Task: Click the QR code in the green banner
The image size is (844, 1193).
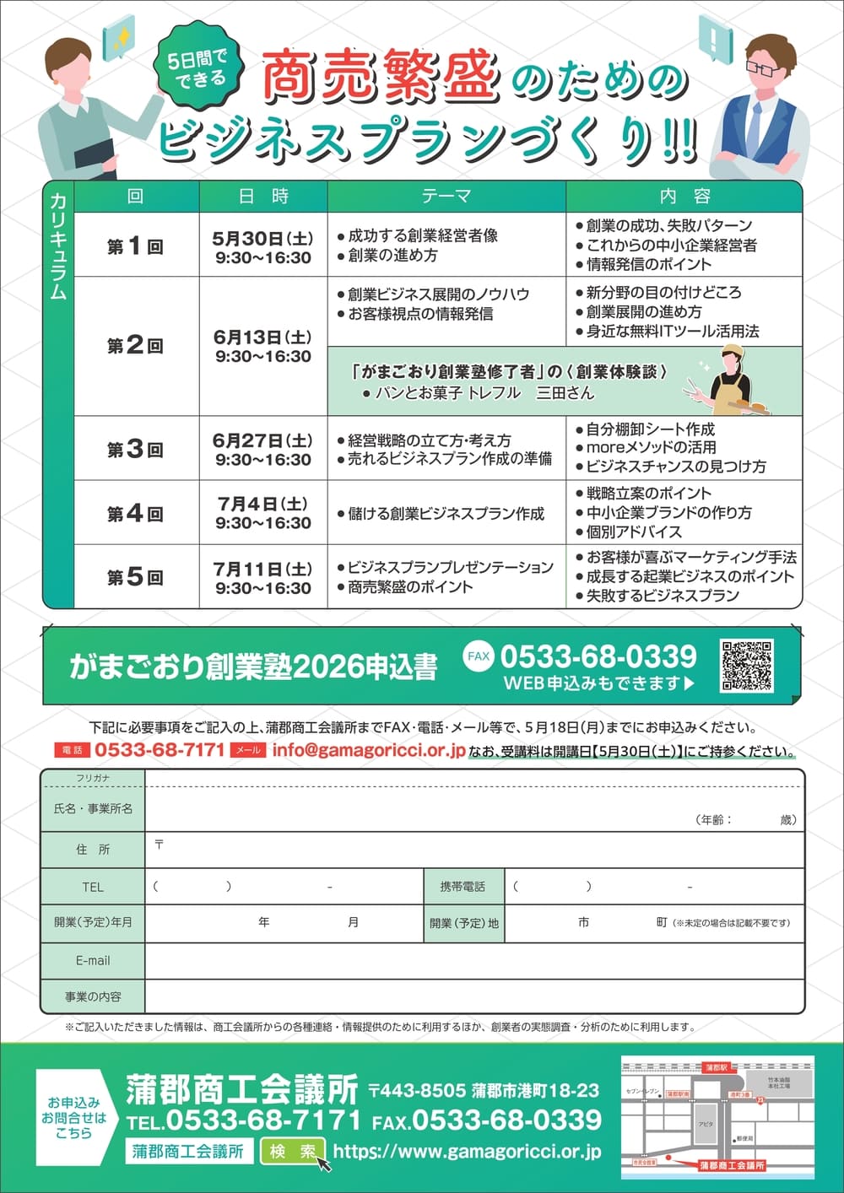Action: point(746,666)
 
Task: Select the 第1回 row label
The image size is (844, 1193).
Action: point(135,246)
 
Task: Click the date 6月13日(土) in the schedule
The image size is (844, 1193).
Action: point(262,337)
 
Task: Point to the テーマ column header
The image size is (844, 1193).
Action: point(446,197)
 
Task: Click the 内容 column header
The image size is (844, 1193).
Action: point(684,197)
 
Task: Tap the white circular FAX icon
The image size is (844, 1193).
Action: point(479,656)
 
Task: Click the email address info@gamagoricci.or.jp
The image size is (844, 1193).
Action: point(369,750)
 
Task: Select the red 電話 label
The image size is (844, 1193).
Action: point(73,750)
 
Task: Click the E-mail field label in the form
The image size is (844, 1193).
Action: point(93,960)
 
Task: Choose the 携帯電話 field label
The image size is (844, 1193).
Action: point(463,887)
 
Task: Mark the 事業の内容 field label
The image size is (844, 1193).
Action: point(93,996)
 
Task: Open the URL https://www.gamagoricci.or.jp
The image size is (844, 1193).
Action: point(467,1151)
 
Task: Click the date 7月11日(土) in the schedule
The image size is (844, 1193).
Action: point(262,569)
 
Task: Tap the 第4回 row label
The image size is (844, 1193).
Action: point(135,513)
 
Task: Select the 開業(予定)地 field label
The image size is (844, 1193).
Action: point(464,923)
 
